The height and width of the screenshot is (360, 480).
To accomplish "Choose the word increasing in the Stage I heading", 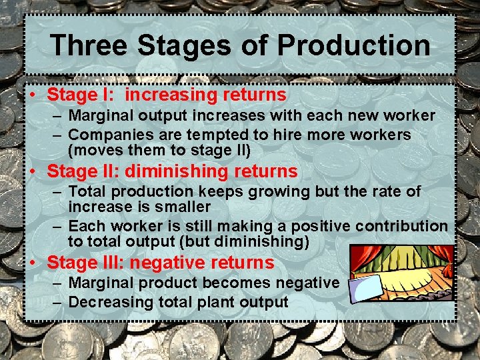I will tap(172, 95).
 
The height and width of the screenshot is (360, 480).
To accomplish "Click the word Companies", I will tap(111, 135).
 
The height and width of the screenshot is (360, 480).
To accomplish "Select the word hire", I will tap(277, 135).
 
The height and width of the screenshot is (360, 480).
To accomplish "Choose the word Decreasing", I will tap(111, 302).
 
